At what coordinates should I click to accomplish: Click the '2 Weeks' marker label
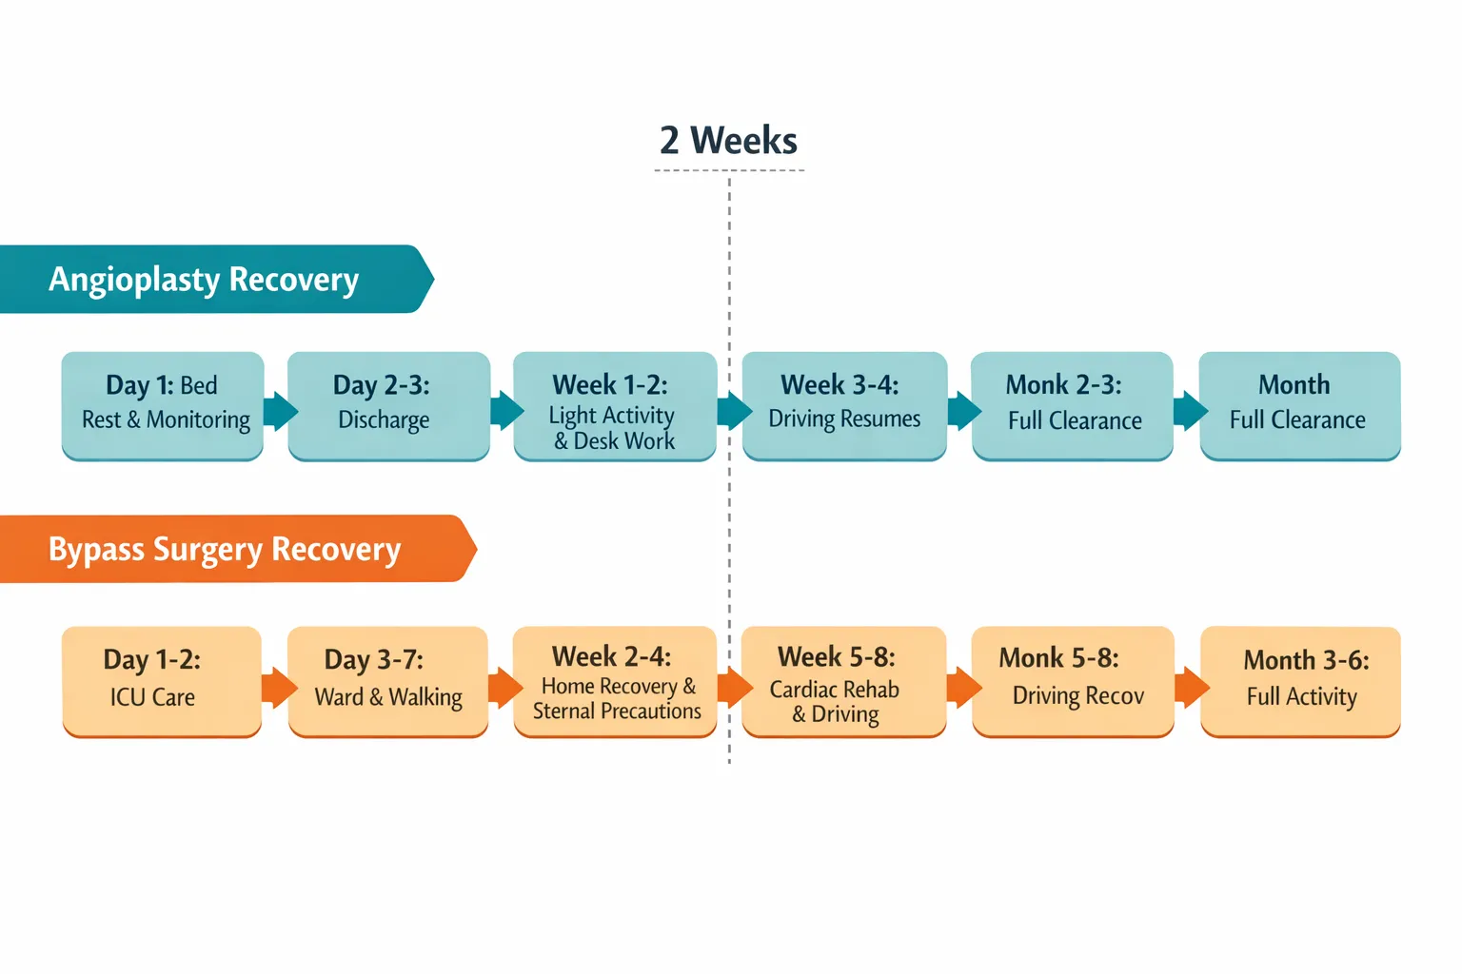729,141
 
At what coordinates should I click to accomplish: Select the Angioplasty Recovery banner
205,280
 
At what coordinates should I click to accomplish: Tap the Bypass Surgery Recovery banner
226,550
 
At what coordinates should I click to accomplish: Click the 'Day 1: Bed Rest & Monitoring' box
163,405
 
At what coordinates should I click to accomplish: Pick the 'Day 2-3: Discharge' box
388,405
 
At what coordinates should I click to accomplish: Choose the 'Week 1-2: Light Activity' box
615,406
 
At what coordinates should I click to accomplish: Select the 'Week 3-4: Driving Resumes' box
844,405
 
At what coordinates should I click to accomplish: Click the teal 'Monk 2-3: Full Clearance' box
1072,405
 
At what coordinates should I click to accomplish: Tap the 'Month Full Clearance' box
1299,405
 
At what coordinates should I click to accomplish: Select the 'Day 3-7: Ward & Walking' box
387,680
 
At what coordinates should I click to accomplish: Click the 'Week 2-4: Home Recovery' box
615,680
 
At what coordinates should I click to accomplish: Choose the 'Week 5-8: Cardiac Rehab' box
843,680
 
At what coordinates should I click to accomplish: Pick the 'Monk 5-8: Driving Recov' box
1073,680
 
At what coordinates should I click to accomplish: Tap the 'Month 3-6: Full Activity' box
1300,680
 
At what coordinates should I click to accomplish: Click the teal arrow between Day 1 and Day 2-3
279,411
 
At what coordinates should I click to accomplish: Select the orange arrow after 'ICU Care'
278,687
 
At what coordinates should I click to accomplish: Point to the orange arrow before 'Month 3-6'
1190,687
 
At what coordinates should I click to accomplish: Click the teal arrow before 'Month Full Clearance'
1189,411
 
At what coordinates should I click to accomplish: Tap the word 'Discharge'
384,420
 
